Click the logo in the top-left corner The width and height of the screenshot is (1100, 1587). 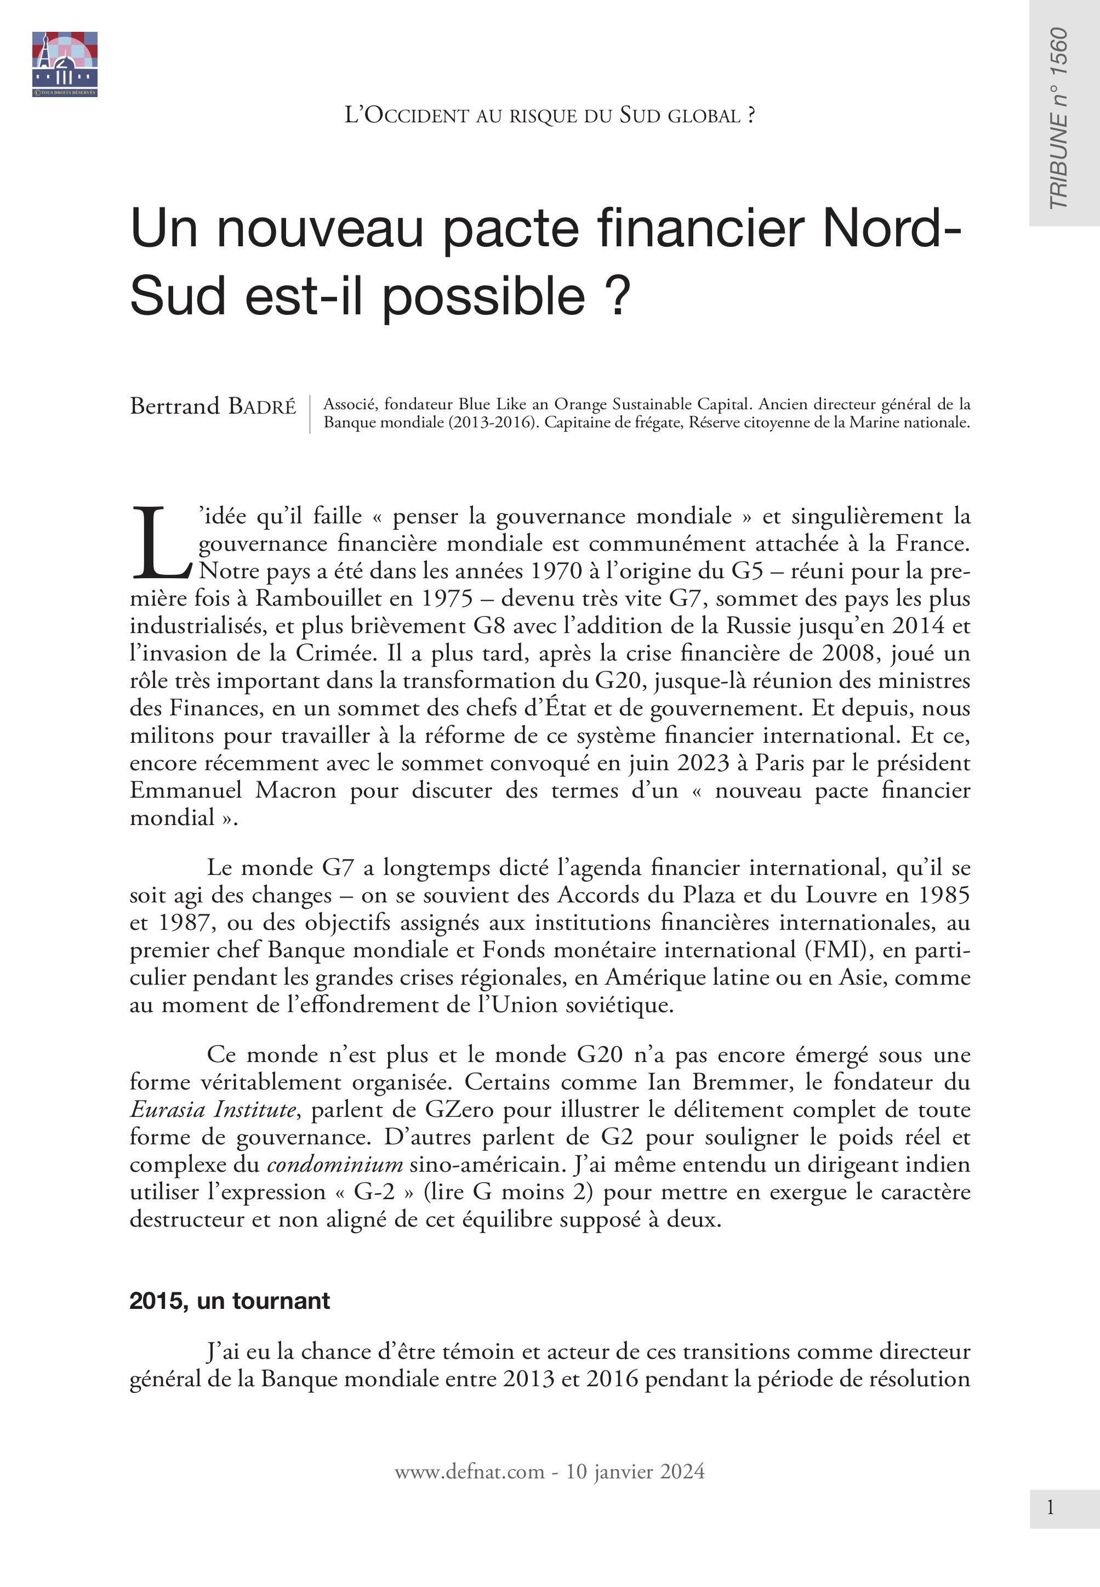[65, 64]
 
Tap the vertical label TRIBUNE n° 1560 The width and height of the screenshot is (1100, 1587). [1058, 118]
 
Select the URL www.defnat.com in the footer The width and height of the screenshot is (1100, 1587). [469, 1472]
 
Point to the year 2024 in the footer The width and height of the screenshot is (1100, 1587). [682, 1472]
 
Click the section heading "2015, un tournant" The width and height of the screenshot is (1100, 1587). [230, 1301]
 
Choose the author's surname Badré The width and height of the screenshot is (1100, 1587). [262, 407]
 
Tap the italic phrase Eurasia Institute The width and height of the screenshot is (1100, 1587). [213, 1110]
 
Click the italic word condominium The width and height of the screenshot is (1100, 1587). [334, 1165]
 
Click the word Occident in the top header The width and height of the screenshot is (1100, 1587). [417, 116]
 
